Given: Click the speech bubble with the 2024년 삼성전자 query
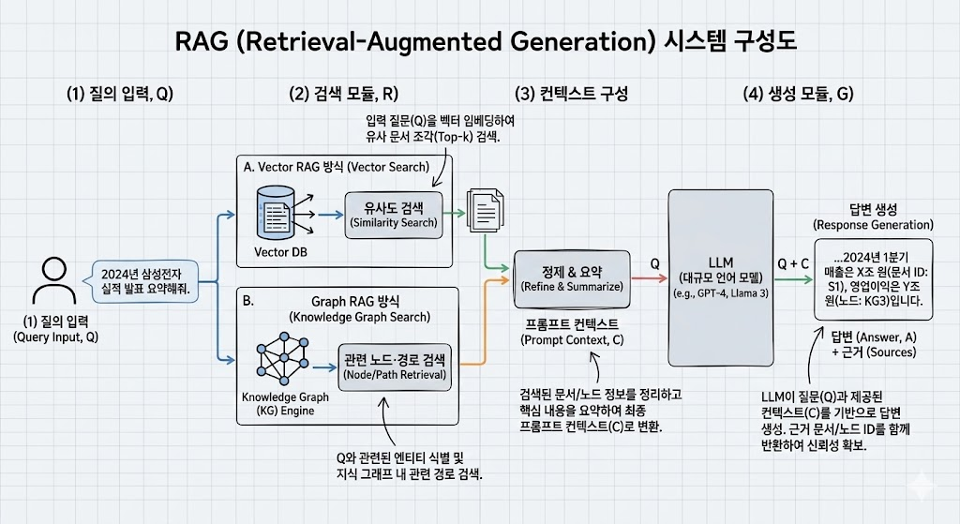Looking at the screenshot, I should coord(145,280).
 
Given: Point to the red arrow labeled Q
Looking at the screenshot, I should coord(647,277).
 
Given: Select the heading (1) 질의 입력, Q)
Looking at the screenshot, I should coord(120,94).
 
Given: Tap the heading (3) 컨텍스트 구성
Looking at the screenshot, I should coord(571,94).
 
